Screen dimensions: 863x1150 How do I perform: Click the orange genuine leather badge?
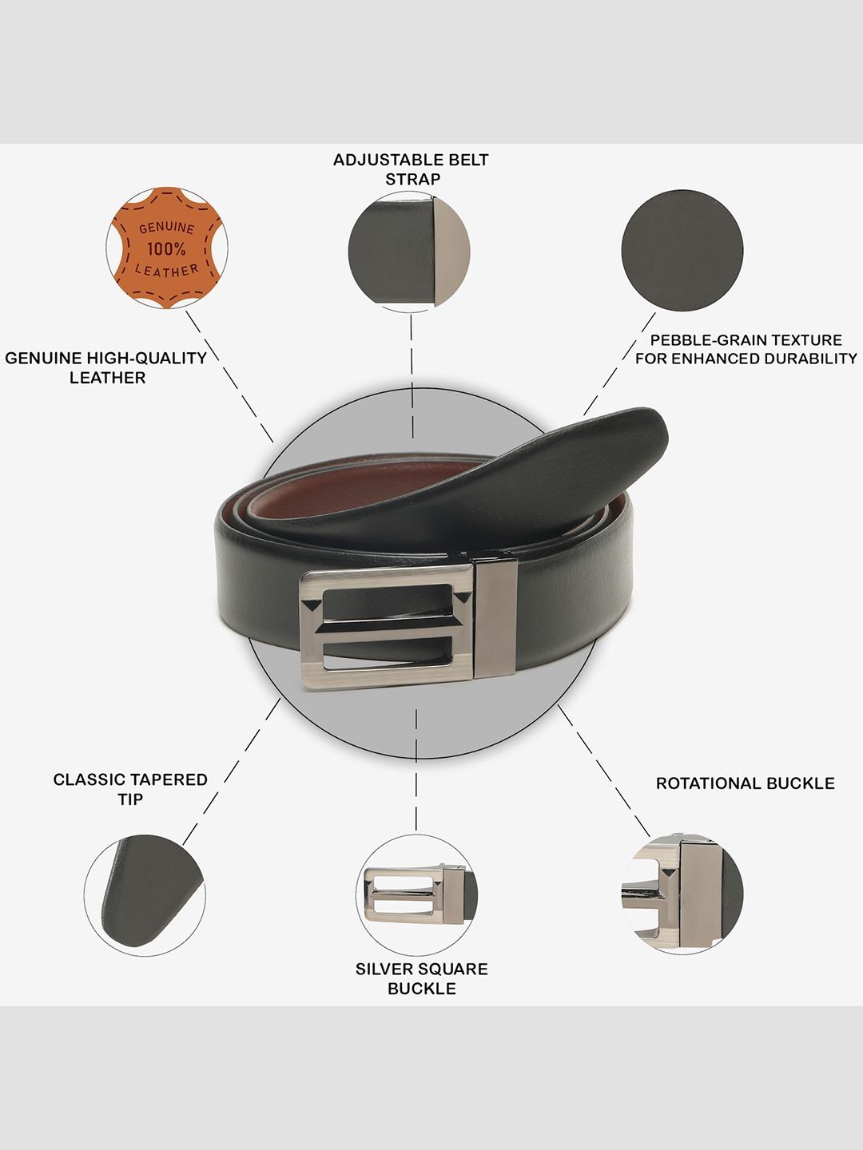point(167,248)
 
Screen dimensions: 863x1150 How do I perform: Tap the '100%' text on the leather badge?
point(166,249)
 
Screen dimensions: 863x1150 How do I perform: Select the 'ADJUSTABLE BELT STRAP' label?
point(412,169)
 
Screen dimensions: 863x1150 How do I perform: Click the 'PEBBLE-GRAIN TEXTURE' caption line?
point(746,340)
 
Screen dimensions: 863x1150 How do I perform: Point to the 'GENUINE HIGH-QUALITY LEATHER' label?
point(105,368)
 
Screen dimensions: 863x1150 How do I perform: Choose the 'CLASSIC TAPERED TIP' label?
point(130,789)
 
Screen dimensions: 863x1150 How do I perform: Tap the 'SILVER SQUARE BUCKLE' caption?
point(422,978)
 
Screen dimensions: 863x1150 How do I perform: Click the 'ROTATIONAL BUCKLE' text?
point(745,783)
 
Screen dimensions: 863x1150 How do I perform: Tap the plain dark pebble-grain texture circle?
point(682,251)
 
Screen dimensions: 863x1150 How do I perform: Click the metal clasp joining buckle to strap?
point(495,619)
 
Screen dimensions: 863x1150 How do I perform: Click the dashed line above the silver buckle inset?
point(416,770)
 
